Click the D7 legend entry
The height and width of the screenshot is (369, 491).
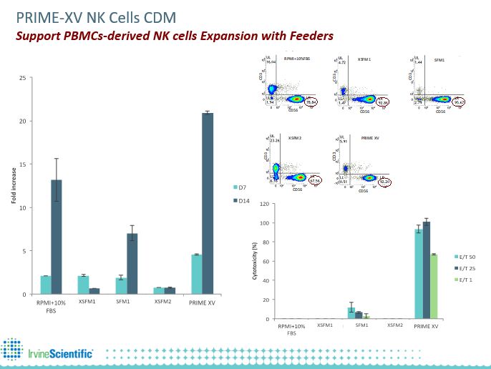click(240, 187)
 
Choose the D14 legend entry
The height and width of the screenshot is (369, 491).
click(241, 202)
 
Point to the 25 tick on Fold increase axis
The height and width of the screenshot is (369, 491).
click(24, 77)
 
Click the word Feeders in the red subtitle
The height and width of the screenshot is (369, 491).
click(308, 34)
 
